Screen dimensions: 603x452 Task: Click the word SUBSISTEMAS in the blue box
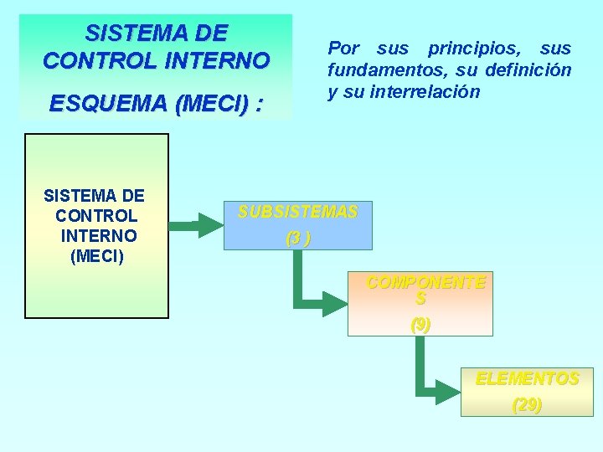click(x=297, y=213)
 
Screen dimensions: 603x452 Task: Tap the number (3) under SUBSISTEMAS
click(x=297, y=239)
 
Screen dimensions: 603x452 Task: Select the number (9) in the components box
click(x=420, y=324)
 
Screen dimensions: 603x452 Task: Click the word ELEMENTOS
click(x=528, y=379)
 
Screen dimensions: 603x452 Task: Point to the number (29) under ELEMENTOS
click(x=527, y=406)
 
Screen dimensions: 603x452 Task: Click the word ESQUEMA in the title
click(x=107, y=105)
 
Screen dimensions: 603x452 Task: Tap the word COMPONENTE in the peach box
click(x=426, y=283)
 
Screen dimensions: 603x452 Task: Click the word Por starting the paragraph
click(x=343, y=49)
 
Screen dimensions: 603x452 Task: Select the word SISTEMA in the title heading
click(x=126, y=33)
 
